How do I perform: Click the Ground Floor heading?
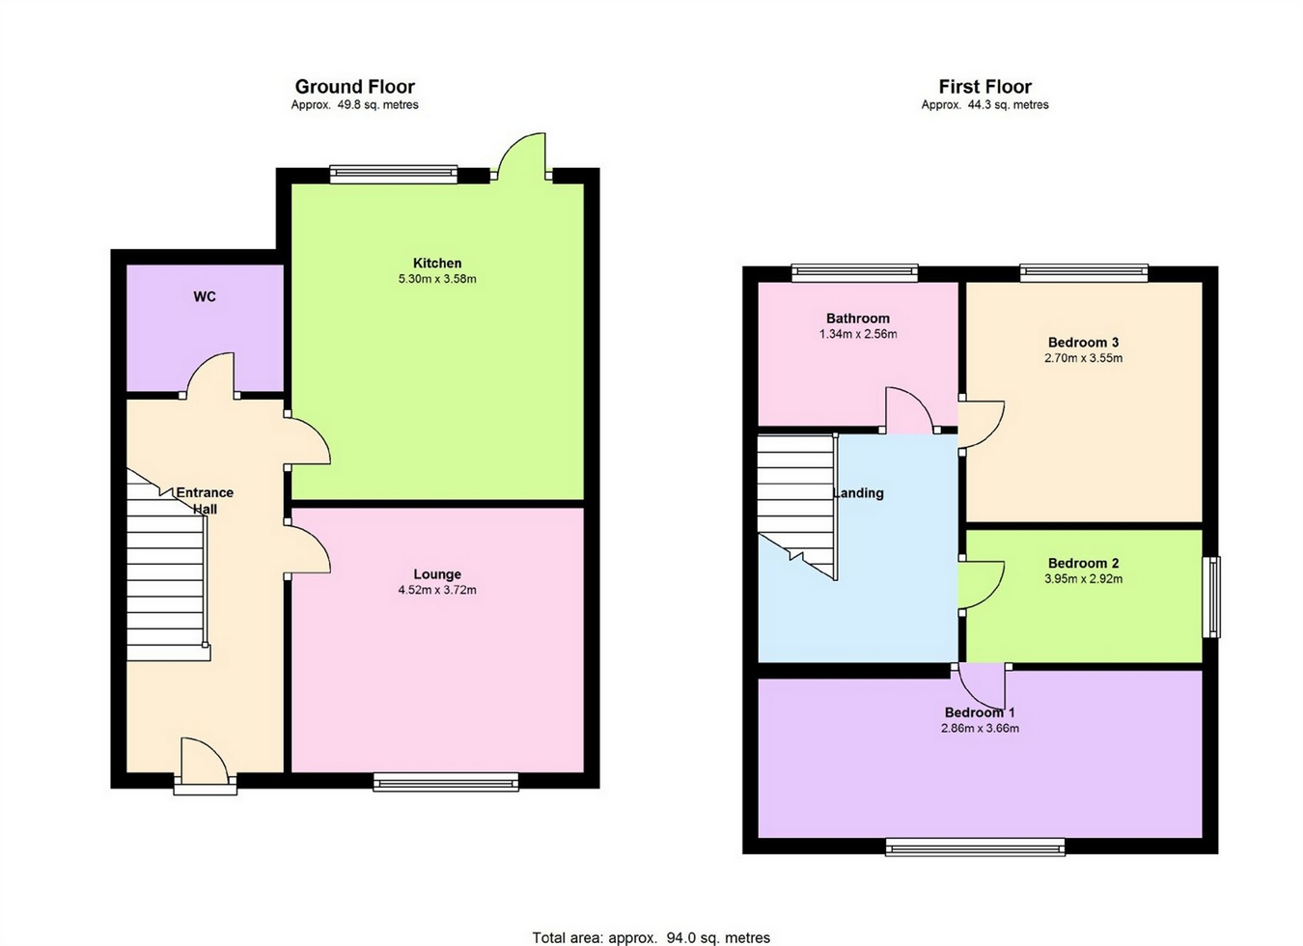[x=355, y=87]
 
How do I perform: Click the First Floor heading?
[x=984, y=87]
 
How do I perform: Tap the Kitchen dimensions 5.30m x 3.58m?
[x=437, y=279]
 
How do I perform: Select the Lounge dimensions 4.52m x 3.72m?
[x=437, y=590]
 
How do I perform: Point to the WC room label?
[x=205, y=296]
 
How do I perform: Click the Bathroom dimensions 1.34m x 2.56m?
[x=858, y=334]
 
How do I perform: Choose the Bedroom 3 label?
[x=1083, y=342]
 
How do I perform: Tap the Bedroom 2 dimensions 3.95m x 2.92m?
[x=1083, y=579]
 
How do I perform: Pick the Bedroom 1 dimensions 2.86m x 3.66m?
[x=981, y=728]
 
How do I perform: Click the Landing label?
[x=859, y=492]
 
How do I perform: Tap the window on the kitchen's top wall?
[x=393, y=174]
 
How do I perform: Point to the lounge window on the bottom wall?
[x=446, y=782]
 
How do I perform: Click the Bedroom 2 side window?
[x=1211, y=597]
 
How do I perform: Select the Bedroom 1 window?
[x=975, y=848]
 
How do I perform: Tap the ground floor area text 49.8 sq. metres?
[x=355, y=105]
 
